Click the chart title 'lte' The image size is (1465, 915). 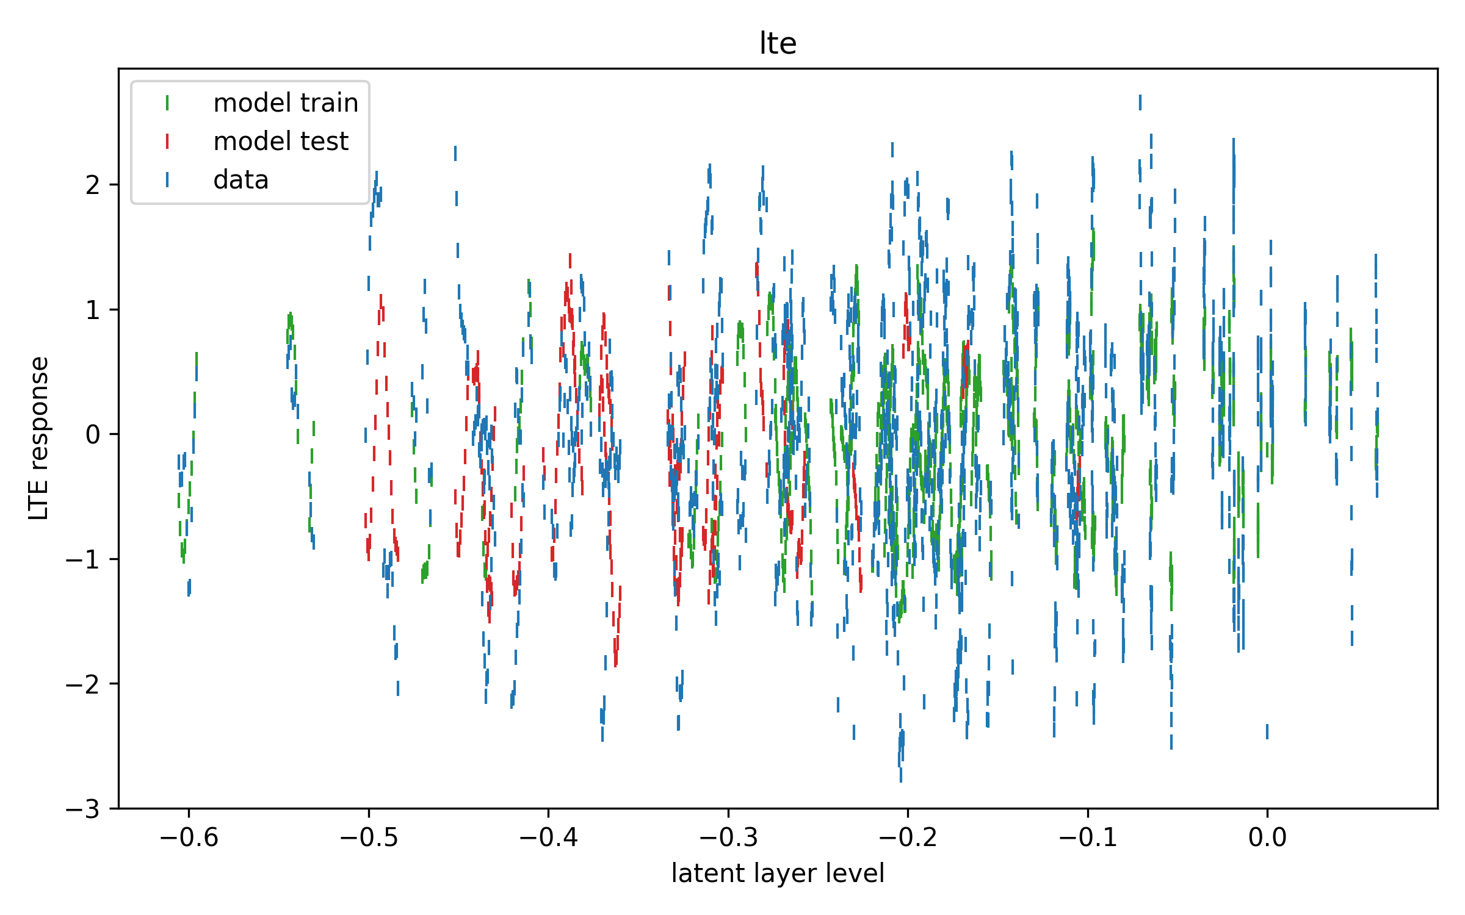coord(778,43)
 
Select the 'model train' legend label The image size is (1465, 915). coord(286,103)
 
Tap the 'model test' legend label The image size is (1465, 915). coord(281,142)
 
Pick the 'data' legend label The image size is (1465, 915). coord(241,180)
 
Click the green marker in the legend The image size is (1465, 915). coord(167,103)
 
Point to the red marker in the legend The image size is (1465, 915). coord(167,142)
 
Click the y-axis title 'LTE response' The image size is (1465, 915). coord(38,438)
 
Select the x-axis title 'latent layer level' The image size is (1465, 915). coord(778,874)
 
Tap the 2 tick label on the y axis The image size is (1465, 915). coord(93,185)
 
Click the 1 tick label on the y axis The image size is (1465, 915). coord(93,310)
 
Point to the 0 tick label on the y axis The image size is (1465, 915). coord(93,435)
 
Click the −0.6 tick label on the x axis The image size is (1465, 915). coord(189,838)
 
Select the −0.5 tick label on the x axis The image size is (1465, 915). coord(369,838)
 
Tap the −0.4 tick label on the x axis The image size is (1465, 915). coord(548,838)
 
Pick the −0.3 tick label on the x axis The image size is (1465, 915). coord(728,838)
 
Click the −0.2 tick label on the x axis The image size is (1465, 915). coord(908,838)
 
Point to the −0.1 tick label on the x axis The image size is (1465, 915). coord(1088,838)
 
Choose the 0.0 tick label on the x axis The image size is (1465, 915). coord(1267,838)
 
